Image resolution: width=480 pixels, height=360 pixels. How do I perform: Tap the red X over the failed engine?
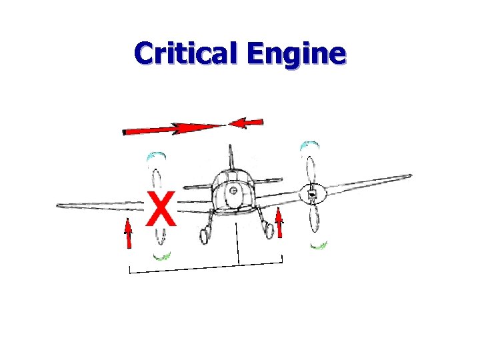point(161,209)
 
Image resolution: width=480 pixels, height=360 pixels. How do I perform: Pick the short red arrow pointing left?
point(246,123)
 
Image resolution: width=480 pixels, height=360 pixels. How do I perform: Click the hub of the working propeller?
point(311,195)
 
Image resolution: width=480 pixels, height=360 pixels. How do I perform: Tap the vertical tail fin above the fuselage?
point(231,156)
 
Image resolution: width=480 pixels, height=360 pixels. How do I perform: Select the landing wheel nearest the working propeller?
point(269,230)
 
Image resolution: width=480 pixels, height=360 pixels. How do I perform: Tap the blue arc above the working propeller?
point(307,145)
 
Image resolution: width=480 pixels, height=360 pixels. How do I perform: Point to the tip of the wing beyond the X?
point(61,205)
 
